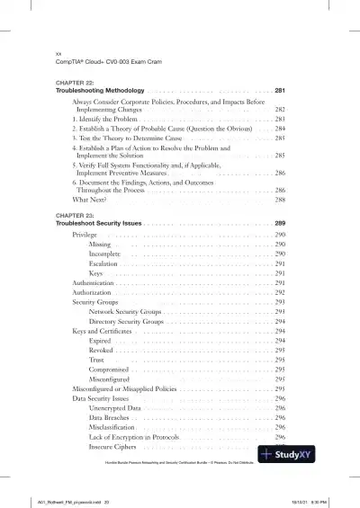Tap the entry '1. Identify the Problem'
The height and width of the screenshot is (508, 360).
[104, 119]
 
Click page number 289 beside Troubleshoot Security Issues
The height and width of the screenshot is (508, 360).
[280, 222]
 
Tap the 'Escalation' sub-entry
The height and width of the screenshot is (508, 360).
[106, 263]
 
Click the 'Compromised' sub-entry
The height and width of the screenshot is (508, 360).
[111, 370]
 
